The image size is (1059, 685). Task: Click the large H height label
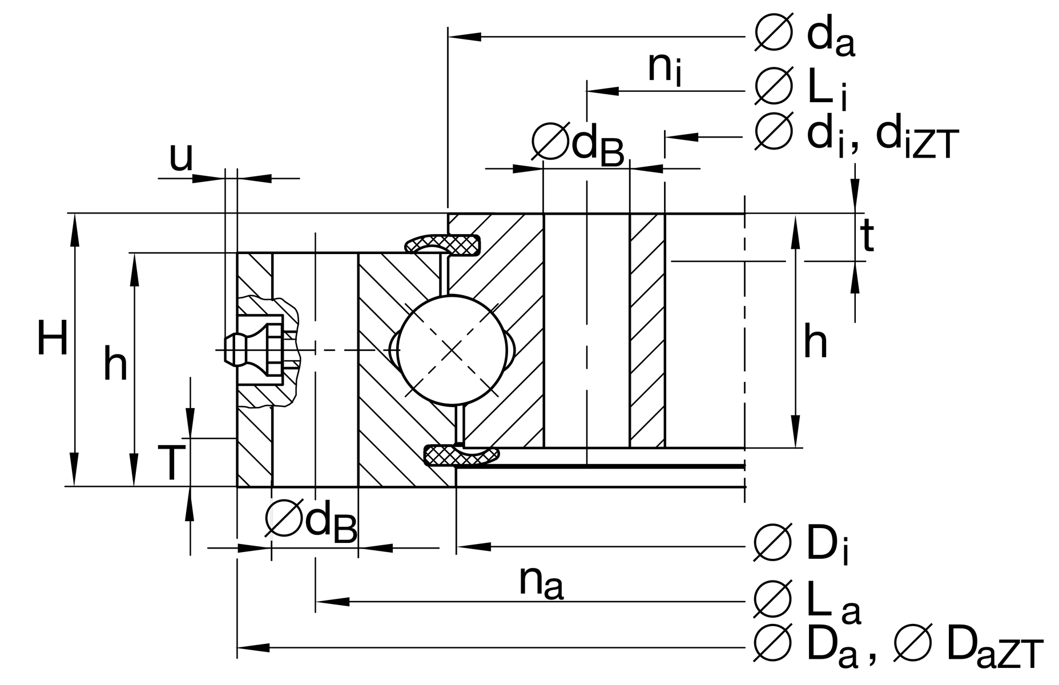53,339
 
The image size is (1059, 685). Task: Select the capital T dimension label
171,463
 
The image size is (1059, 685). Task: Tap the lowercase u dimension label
181,157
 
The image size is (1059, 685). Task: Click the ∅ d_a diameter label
805,37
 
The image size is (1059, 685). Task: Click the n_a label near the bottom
541,582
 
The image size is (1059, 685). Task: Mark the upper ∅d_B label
578,144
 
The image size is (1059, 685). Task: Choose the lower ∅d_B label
312,522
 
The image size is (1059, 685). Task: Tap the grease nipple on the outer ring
254,349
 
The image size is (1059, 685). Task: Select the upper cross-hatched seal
442,244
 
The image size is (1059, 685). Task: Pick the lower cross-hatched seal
461,456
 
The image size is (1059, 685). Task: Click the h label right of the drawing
815,342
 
